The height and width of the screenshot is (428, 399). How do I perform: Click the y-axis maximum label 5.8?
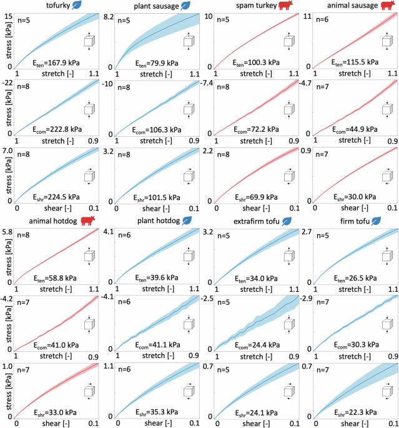[8, 232]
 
